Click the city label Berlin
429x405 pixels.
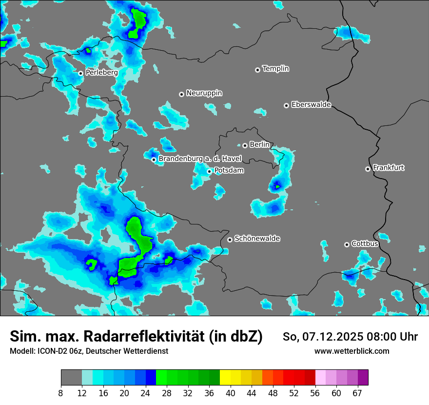pyautogui.click(x=259, y=145)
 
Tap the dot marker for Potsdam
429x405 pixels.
pyautogui.click(x=209, y=171)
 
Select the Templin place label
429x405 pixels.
pyautogui.click(x=275, y=69)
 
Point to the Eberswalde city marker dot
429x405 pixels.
pyautogui.click(x=286, y=105)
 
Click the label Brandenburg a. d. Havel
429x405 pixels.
pyautogui.click(x=200, y=159)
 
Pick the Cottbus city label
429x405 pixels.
pyautogui.click(x=365, y=243)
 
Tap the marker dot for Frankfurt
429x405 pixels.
pyautogui.click(x=368, y=169)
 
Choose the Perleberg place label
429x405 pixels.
pyautogui.click(x=101, y=73)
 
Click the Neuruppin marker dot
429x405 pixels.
pyautogui.click(x=181, y=94)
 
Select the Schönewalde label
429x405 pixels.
pyautogui.click(x=257, y=239)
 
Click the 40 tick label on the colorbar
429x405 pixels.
pyautogui.click(x=231, y=393)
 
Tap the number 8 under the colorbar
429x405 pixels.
pyautogui.click(x=61, y=393)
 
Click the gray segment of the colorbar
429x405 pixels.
pyautogui.click(x=71, y=378)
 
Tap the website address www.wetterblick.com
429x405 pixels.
pyautogui.click(x=351, y=351)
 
